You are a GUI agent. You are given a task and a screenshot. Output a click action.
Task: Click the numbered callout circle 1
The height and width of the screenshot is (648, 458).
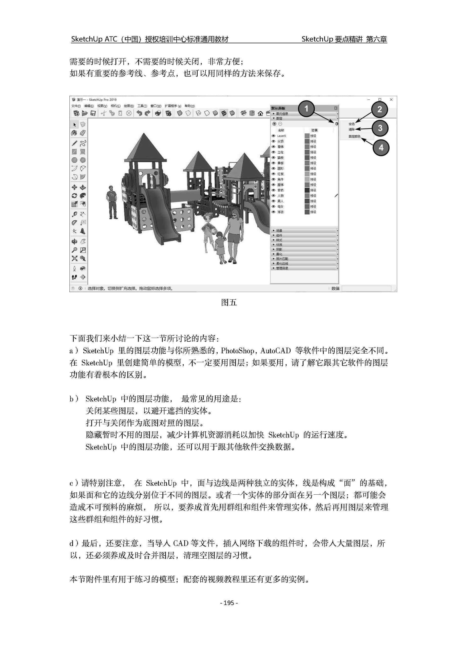coord(306,109)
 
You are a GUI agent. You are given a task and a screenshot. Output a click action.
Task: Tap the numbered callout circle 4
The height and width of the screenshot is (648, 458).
coord(381,147)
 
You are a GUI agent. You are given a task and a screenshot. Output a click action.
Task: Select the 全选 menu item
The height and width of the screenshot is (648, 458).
coord(352,124)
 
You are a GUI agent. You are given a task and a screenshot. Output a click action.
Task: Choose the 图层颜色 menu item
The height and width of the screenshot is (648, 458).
coord(354,136)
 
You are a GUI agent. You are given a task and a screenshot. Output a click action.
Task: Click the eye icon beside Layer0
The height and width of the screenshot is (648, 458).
coord(273,136)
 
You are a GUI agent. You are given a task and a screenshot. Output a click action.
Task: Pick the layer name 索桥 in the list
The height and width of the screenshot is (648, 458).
coord(280,190)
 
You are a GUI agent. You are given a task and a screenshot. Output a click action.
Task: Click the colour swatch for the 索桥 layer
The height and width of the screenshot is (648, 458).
coord(307,190)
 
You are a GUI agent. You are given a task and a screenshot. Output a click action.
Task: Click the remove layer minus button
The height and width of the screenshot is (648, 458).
coord(280,124)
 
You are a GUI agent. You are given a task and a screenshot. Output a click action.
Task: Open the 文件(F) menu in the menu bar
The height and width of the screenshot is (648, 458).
coord(76,106)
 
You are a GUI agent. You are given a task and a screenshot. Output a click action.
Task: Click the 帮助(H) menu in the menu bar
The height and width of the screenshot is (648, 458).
coord(189,106)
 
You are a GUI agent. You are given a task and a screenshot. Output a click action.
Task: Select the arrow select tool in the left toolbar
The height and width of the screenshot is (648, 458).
coord(74,125)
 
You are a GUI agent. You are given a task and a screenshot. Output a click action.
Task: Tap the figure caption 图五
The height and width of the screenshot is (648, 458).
coord(229,303)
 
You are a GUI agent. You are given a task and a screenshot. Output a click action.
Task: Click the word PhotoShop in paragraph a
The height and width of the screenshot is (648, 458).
coord(237,351)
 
